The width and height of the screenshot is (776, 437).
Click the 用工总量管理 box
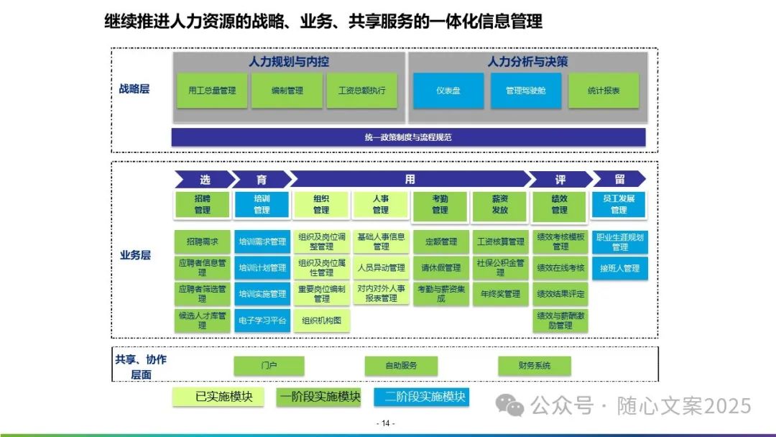click(212, 91)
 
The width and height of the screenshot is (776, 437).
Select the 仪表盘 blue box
click(448, 91)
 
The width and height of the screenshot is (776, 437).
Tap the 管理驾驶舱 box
click(526, 91)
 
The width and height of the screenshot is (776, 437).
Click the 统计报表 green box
click(604, 91)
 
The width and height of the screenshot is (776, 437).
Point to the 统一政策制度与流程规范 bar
click(408, 137)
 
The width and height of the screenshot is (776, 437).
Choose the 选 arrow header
click(204, 180)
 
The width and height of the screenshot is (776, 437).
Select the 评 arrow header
click(560, 180)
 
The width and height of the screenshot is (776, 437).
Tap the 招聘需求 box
click(202, 242)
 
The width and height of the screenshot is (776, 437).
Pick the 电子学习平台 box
click(262, 321)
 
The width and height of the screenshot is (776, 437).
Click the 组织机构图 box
click(321, 321)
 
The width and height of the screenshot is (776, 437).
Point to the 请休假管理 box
click(440, 268)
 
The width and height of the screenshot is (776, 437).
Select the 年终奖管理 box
click(500, 294)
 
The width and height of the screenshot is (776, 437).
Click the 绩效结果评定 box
click(560, 294)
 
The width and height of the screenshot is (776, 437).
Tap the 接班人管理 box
click(619, 268)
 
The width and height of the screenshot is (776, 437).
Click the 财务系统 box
click(535, 366)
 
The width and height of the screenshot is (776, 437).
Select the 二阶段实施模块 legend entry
click(421, 397)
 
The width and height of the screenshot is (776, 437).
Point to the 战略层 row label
click(134, 90)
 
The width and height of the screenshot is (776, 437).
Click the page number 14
click(386, 423)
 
